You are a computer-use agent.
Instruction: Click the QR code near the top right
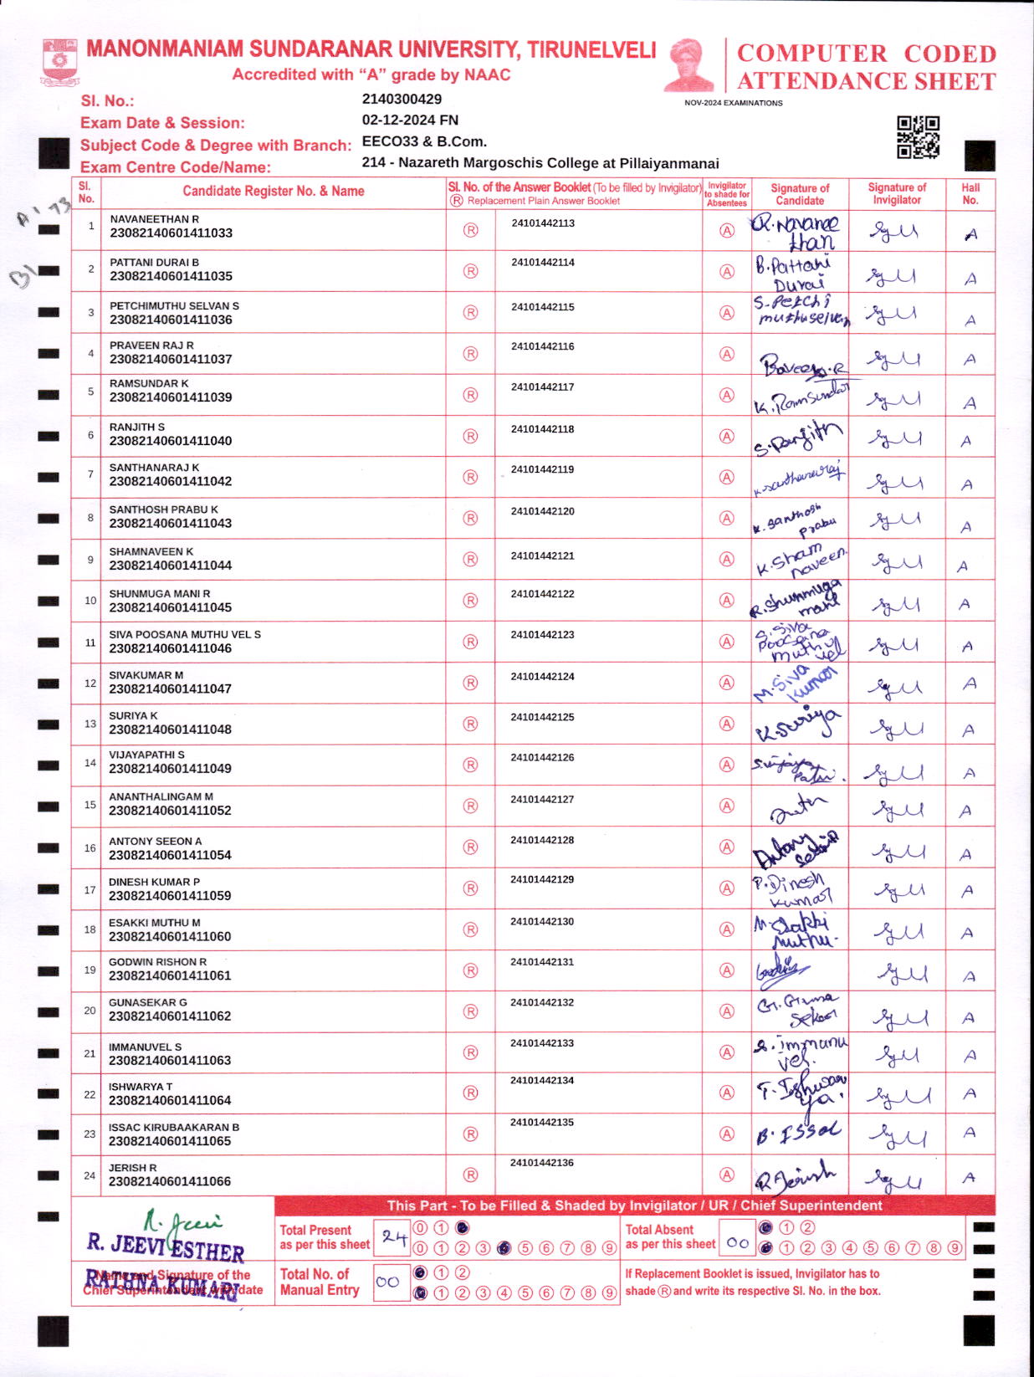(918, 137)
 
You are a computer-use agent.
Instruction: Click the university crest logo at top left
(59, 61)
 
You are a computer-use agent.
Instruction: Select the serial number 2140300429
(402, 99)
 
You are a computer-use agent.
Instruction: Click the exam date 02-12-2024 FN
(410, 120)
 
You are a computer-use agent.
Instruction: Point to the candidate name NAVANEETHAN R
(154, 219)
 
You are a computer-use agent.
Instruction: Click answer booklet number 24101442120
(543, 511)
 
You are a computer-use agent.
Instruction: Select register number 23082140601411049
(170, 768)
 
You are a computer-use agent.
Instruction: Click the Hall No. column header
(970, 193)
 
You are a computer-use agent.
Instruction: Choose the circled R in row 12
(470, 683)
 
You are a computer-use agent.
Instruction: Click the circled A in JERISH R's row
(727, 1175)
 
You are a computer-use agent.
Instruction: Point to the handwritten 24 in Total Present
(393, 1236)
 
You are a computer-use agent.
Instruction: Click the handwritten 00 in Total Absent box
(737, 1243)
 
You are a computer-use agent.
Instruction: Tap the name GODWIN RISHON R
(157, 962)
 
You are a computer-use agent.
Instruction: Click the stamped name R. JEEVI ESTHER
(165, 1246)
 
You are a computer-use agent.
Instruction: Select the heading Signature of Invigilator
(897, 193)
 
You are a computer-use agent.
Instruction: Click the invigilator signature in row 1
(893, 231)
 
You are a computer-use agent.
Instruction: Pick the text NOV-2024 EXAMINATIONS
(733, 103)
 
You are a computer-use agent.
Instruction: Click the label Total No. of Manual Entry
(320, 1282)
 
